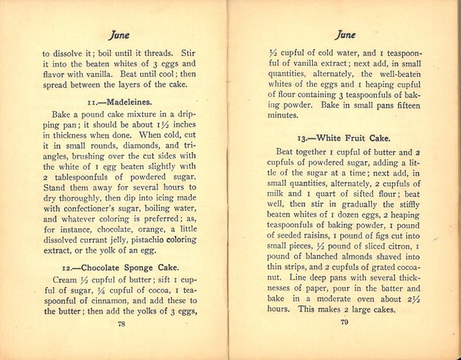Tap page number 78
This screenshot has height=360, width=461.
click(x=121, y=324)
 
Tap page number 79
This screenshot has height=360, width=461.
click(x=345, y=322)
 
